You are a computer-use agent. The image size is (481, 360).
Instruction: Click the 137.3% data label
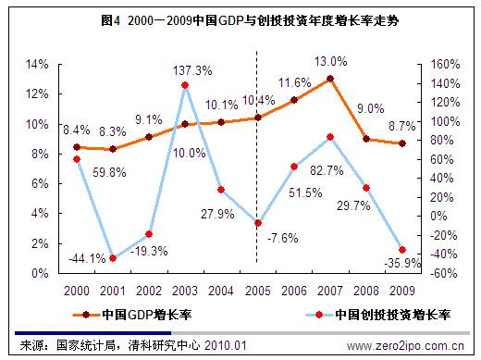point(191,70)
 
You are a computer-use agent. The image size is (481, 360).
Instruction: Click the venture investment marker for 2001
point(113,257)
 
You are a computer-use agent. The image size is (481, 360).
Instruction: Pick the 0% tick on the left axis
point(41,273)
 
